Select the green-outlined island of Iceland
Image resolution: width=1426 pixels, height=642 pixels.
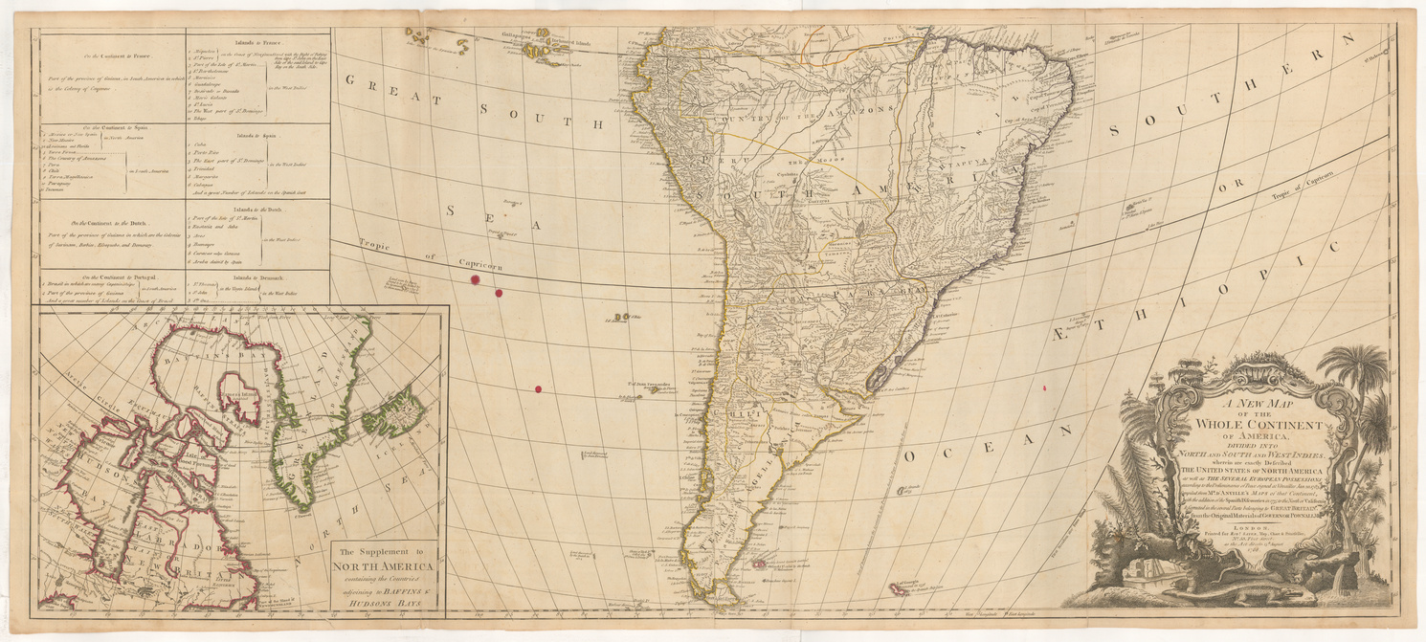[x=393, y=411]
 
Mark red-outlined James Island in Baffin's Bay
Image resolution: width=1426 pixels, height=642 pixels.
[x=240, y=397]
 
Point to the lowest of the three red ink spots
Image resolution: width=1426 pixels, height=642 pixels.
[x=538, y=388]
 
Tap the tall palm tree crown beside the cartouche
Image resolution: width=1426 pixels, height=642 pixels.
[x=1351, y=368]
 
